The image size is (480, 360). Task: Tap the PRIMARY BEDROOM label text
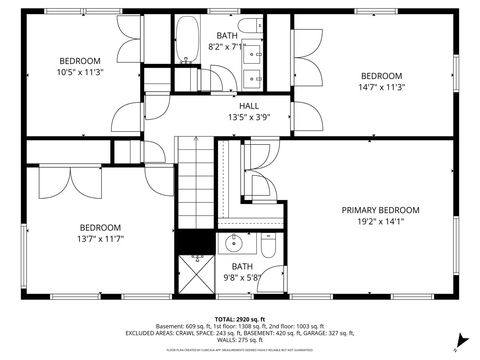(380, 210)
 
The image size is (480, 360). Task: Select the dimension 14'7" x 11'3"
(381, 87)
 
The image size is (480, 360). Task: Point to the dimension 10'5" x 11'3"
(79, 71)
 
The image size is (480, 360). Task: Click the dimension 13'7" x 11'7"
(100, 239)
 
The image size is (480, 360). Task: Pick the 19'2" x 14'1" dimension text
(380, 222)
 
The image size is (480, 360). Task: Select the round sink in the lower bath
(232, 243)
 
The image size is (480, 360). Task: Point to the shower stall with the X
(197, 270)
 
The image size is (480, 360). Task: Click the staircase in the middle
(195, 180)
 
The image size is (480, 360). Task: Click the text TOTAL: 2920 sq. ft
(240, 317)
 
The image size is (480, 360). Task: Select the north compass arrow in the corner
(455, 337)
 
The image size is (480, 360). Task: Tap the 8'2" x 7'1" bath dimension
(227, 46)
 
